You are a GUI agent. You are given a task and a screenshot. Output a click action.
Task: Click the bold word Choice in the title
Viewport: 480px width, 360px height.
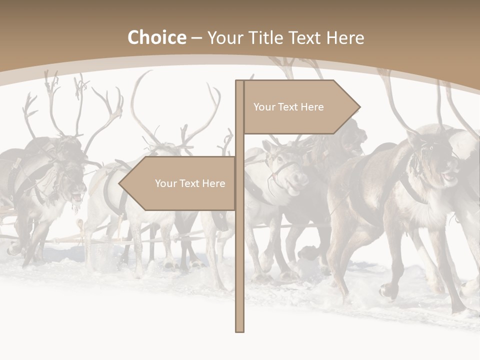[x=156, y=38]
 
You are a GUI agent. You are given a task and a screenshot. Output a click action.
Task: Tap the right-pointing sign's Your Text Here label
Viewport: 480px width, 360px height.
[x=288, y=107]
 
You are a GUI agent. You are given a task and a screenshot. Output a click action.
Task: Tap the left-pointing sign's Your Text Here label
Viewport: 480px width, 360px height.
[x=190, y=183]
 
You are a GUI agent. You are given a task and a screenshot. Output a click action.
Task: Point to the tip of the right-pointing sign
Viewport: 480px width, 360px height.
[x=359, y=107]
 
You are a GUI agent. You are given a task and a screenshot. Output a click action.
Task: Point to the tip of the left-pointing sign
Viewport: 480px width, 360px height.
[x=119, y=183]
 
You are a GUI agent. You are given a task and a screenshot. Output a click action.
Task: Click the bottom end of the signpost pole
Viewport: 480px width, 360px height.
[x=239, y=330]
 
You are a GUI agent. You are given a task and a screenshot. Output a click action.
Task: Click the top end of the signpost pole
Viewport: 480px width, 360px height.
[x=239, y=81]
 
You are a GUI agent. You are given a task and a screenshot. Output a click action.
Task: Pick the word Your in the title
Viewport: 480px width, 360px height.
[x=225, y=38]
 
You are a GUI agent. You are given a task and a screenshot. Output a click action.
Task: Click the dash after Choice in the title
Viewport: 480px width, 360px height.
[x=196, y=38]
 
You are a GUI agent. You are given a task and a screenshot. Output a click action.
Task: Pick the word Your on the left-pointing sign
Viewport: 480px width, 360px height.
[x=166, y=183]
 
